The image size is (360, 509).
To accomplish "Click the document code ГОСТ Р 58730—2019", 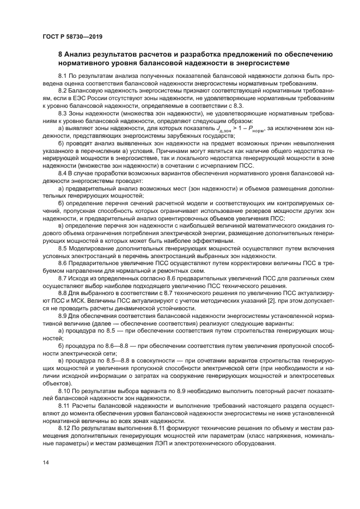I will point(72,36).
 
